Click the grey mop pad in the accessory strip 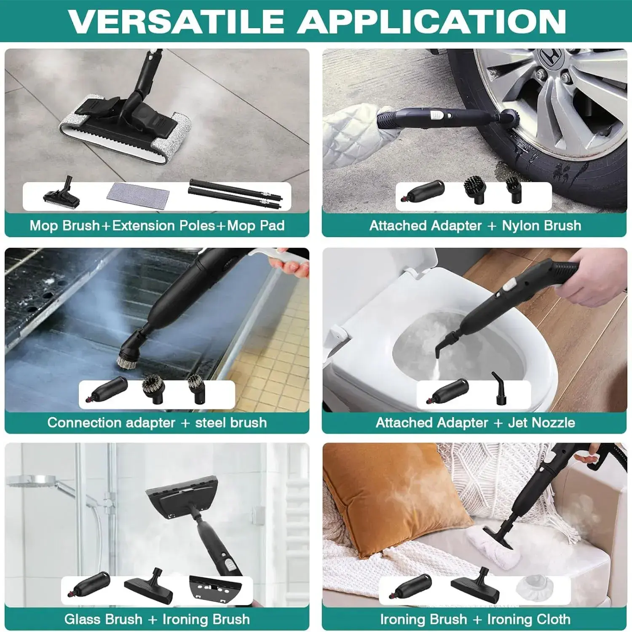[138, 195]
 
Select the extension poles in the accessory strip [235, 194]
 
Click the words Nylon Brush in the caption [541, 226]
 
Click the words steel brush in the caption [231, 423]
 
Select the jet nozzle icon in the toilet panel [499, 388]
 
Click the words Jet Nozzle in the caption [541, 423]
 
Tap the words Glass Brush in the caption [103, 619]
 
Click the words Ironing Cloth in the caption [529, 619]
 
